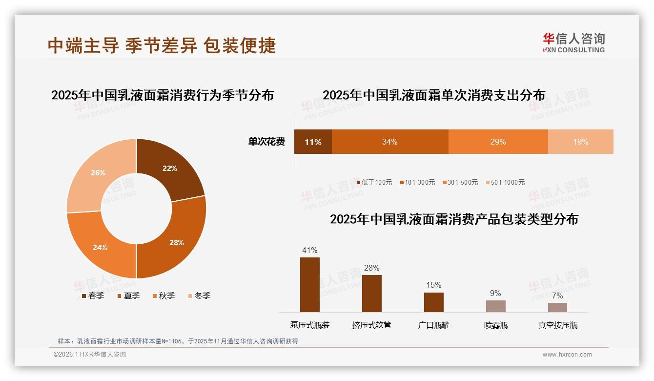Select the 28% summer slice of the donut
176,242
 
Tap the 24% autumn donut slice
100,247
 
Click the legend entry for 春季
93,296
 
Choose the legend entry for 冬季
199,296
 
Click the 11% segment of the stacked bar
313,142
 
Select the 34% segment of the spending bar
389,142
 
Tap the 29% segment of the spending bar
498,142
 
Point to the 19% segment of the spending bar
580,142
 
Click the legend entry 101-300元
417,182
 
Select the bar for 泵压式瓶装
310,285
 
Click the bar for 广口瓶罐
433,302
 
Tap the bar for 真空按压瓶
557,307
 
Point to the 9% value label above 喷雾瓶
495,293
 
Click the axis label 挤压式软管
372,325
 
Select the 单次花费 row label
266,142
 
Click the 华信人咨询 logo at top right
573,42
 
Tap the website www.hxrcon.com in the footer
567,355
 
